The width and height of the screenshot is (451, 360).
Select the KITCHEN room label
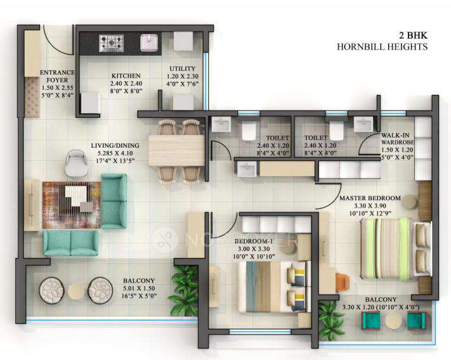click(x=121, y=74)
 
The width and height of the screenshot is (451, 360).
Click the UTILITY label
click(x=182, y=68)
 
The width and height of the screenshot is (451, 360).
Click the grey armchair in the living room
click(x=77, y=162)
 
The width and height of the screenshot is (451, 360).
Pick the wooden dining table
click(x=176, y=150)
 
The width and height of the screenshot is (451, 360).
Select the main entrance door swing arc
click(x=57, y=40)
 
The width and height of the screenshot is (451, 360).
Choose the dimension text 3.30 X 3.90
click(x=369, y=206)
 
